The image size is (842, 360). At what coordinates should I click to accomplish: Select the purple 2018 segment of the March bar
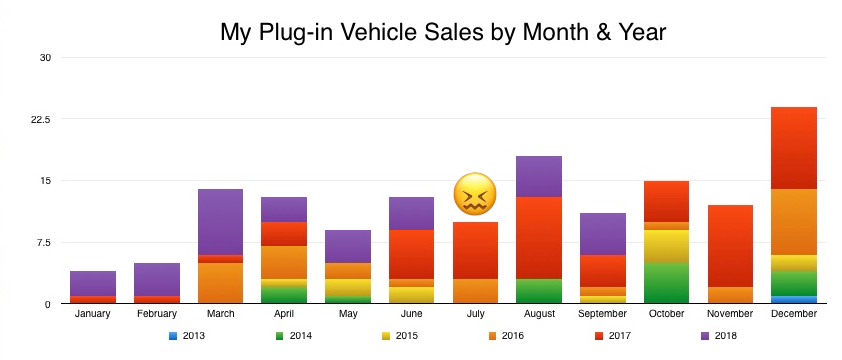click(220, 222)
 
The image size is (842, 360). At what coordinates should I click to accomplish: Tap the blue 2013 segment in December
click(794, 299)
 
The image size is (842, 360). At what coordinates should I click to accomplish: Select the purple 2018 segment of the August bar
click(539, 177)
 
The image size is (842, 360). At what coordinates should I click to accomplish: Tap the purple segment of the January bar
click(93, 283)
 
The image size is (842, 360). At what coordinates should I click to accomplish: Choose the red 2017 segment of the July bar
click(475, 250)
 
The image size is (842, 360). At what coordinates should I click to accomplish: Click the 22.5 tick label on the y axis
click(39, 119)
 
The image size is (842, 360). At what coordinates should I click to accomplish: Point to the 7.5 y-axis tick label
click(41, 242)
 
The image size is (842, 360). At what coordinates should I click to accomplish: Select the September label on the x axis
click(602, 314)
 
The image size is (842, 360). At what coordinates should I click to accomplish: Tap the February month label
click(156, 314)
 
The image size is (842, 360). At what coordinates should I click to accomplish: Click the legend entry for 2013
click(185, 335)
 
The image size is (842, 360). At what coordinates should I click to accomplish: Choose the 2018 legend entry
click(718, 335)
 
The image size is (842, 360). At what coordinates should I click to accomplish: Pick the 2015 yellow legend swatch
click(385, 335)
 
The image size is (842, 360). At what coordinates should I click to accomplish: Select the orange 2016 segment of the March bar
click(220, 283)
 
